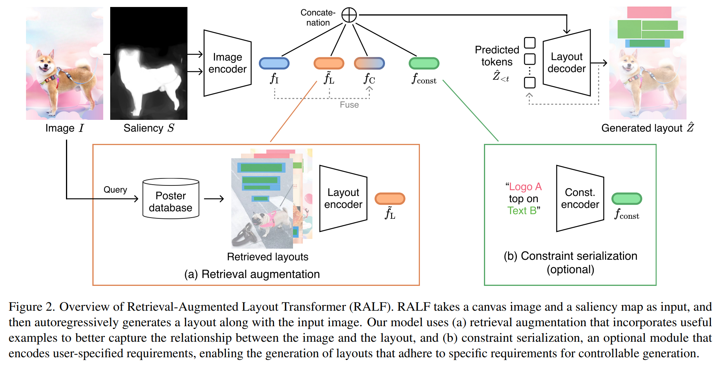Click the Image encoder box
(x=227, y=63)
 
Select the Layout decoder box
(x=567, y=62)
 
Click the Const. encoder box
(x=580, y=199)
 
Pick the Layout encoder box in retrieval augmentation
(x=343, y=199)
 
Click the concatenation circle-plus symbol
(x=349, y=15)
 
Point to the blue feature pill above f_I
(x=274, y=63)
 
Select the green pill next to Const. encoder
(x=626, y=199)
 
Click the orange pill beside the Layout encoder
(x=390, y=199)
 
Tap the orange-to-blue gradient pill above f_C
(x=369, y=63)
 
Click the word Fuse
(x=349, y=105)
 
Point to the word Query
(x=115, y=190)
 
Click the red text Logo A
(x=525, y=187)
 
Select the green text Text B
(x=522, y=211)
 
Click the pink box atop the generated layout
(x=649, y=12)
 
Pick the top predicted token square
(x=530, y=43)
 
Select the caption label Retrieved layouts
(x=267, y=257)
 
